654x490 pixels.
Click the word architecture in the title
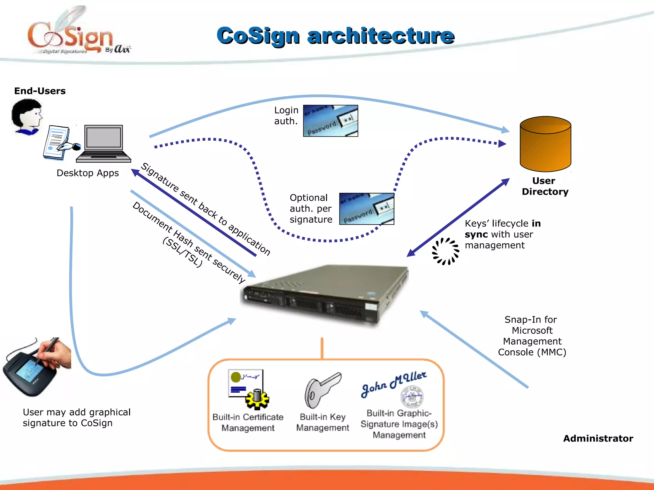coord(381,36)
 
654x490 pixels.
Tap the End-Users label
coord(40,91)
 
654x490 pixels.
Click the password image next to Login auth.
coord(331,121)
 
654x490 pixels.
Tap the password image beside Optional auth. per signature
coord(367,209)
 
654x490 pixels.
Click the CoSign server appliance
coord(324,295)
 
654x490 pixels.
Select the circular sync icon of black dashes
coord(445,251)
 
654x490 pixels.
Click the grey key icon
coord(322,390)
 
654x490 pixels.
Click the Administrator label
coord(598,438)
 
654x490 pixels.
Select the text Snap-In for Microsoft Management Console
coord(532,336)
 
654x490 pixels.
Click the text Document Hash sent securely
coord(188,242)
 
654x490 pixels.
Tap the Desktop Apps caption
coord(87,173)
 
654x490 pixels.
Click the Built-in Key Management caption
coord(323,422)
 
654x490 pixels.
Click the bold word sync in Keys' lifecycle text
coord(476,234)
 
